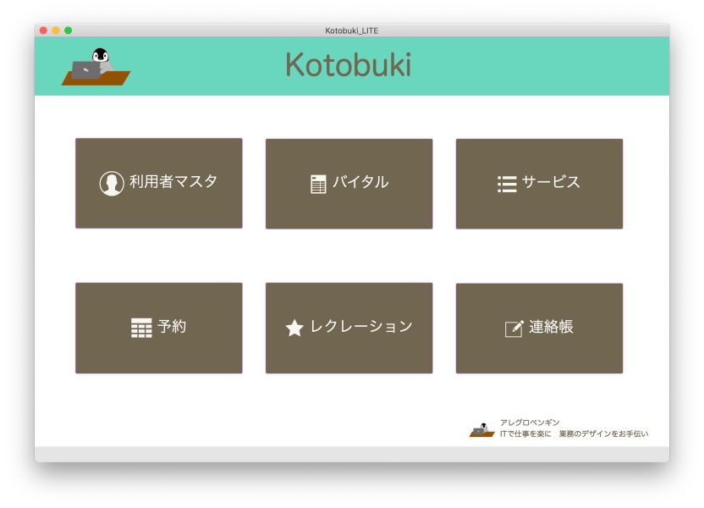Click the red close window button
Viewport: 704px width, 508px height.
(43, 30)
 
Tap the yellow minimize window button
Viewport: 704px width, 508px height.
(56, 30)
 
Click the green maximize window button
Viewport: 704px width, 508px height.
(69, 30)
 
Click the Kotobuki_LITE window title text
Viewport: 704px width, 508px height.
(351, 30)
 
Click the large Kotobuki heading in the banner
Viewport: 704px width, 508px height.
(349, 64)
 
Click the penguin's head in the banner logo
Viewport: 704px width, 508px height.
(101, 55)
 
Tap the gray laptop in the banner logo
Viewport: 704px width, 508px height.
(85, 70)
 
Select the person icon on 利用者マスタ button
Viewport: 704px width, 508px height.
(112, 183)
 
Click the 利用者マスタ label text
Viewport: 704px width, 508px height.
(173, 181)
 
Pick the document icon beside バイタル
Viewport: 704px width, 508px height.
(318, 185)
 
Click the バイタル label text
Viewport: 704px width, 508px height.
(360, 182)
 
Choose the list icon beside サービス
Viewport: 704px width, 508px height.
(507, 185)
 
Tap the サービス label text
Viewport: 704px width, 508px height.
(551, 182)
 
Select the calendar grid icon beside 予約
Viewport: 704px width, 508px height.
(141, 328)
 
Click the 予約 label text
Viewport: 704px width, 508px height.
(172, 327)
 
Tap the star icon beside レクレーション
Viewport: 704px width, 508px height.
(294, 328)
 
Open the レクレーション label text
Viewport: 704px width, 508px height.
(361, 326)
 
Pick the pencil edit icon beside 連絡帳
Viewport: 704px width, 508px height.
(514, 329)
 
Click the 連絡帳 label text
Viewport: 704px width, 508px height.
(551, 327)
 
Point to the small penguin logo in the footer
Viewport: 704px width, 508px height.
(481, 429)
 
